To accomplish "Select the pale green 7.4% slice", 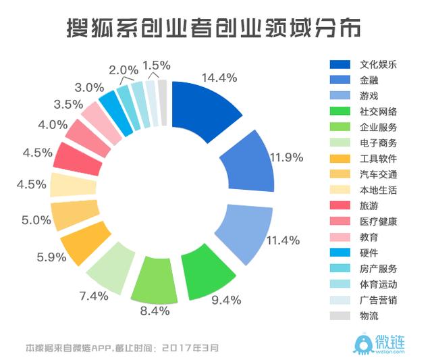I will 108,267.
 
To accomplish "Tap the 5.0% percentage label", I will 36,220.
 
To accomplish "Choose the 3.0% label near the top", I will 89,87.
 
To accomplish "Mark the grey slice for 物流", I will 162,103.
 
